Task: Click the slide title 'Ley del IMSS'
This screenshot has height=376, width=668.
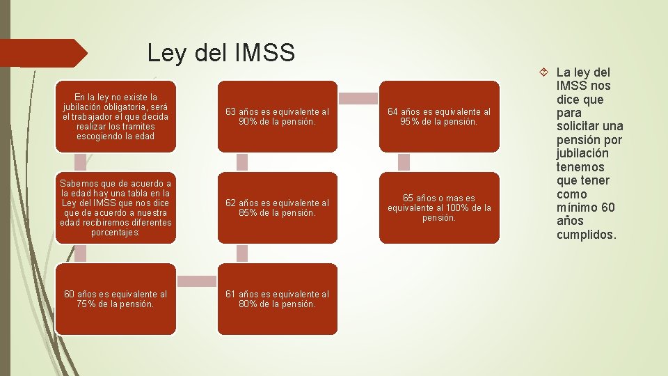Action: [x=221, y=52]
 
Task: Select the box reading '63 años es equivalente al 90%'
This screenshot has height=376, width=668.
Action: [x=277, y=116]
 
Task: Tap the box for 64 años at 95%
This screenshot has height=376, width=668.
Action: [x=439, y=116]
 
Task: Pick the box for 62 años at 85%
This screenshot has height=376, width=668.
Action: [x=277, y=207]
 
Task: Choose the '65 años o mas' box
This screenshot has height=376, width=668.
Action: [x=439, y=207]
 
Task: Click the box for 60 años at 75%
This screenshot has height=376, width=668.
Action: [x=116, y=299]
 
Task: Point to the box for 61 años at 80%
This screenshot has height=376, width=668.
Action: [x=277, y=299]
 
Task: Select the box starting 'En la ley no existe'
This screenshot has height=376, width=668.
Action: [x=116, y=116]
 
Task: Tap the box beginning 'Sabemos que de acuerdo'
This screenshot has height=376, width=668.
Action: [x=116, y=207]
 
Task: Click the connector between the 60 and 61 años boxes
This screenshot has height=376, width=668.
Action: [x=196, y=281]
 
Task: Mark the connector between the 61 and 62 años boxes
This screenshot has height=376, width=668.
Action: [x=242, y=253]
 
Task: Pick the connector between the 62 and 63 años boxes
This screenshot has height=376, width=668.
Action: [x=242, y=162]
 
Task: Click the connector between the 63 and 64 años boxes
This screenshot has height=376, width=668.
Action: [x=358, y=98]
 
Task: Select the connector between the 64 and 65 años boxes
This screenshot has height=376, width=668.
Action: [x=404, y=162]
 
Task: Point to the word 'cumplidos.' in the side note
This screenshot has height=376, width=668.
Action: [x=586, y=235]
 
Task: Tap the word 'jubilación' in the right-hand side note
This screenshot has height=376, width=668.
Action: [x=582, y=153]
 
